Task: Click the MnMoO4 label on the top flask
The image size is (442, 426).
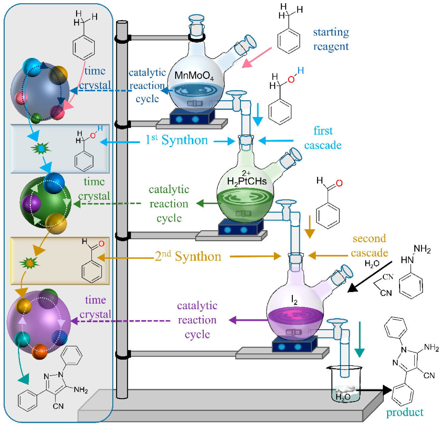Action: (194, 76)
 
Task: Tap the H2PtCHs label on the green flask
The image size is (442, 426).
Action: (247, 181)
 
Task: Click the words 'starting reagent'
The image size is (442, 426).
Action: (331, 39)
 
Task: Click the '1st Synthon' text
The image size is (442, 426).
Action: (176, 140)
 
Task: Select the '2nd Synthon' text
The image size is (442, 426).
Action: (188, 256)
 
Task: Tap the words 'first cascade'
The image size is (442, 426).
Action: (323, 138)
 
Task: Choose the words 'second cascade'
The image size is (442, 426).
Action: (369, 246)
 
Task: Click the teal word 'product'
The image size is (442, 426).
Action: (404, 412)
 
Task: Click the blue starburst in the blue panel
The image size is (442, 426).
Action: (41, 148)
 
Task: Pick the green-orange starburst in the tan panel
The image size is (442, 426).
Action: (30, 263)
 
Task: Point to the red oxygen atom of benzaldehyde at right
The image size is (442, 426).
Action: (339, 183)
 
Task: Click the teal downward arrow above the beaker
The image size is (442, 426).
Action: (359, 339)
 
